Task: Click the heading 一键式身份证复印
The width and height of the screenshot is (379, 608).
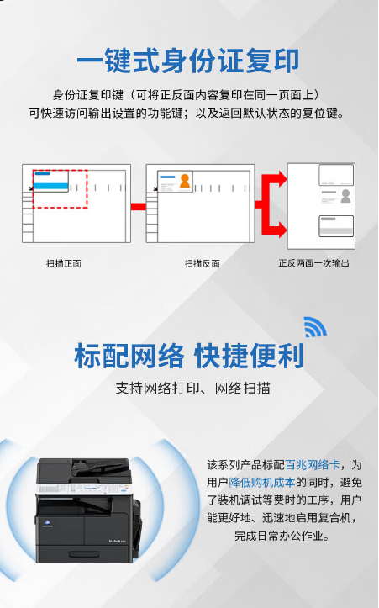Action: (x=188, y=61)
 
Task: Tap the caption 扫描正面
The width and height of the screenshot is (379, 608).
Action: (x=64, y=264)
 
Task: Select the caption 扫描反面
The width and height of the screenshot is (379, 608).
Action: (x=202, y=264)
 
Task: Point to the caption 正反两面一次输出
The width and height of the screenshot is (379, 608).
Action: (x=313, y=263)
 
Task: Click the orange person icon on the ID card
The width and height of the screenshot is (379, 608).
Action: (x=185, y=181)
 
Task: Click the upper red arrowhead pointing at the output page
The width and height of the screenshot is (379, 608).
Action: (x=281, y=179)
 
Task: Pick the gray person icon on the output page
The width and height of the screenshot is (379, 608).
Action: (x=345, y=196)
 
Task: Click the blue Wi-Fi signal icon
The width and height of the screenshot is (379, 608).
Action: (x=314, y=327)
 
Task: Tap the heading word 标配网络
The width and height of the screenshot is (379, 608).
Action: (x=129, y=356)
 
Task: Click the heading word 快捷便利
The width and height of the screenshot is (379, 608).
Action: (x=249, y=356)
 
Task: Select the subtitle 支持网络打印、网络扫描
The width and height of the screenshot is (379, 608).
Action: (x=192, y=389)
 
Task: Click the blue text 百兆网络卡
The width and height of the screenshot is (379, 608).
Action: (x=313, y=464)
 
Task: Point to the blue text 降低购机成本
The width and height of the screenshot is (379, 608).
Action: (x=262, y=483)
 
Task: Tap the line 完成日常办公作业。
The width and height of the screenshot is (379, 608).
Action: (x=282, y=536)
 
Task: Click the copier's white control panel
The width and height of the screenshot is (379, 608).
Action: (x=83, y=489)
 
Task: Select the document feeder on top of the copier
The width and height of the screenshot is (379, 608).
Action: (x=100, y=468)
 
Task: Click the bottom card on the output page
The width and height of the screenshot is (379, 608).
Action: (x=336, y=226)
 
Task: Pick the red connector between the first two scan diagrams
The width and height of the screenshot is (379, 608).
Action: (x=139, y=207)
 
